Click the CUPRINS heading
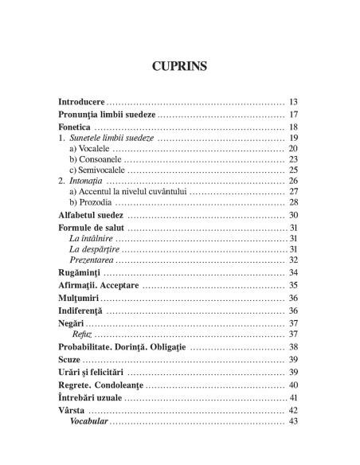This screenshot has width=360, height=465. [179, 66]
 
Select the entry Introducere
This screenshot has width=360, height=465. [82, 103]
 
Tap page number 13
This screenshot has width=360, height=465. [292, 103]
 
